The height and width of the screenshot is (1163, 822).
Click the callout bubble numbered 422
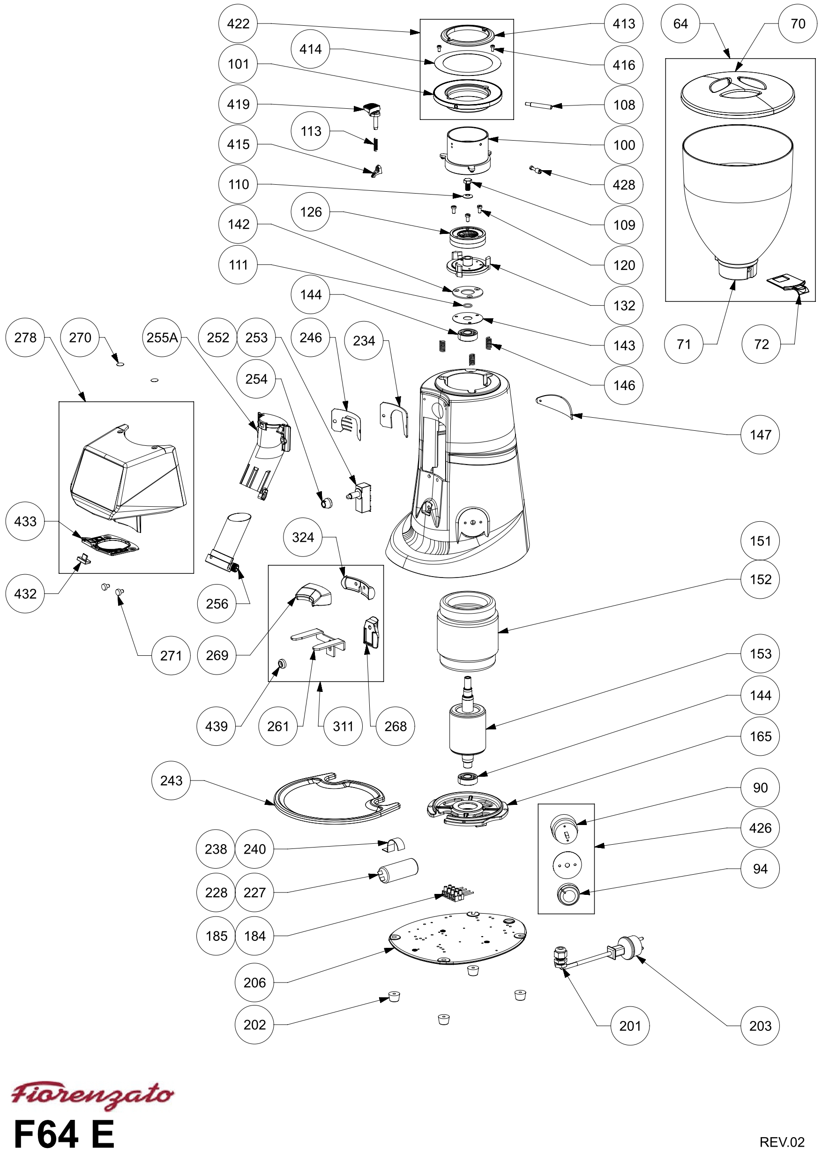pos(238,24)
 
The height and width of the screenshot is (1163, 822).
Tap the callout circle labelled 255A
pos(162,338)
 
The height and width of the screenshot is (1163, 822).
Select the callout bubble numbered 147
pos(760,435)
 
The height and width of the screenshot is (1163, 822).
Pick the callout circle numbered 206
pos(254,983)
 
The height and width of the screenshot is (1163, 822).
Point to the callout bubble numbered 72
pos(761,345)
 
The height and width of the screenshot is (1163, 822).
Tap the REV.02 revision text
pos(782,1142)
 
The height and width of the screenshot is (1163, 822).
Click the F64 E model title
pos(64,1134)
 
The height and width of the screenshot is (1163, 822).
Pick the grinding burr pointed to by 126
pos(467,235)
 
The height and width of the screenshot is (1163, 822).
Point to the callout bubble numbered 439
pos(216,727)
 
